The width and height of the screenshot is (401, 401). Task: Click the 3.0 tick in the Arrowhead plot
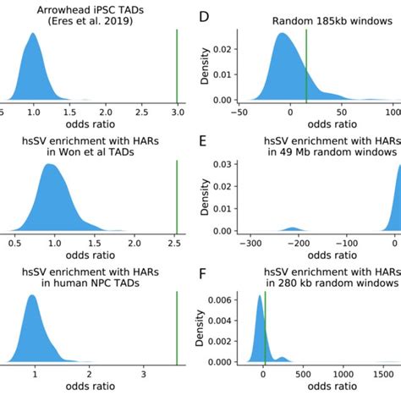[x=176, y=111]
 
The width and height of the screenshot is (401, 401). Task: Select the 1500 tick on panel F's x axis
[x=386, y=373]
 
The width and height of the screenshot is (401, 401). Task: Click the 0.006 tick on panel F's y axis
[x=222, y=299]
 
